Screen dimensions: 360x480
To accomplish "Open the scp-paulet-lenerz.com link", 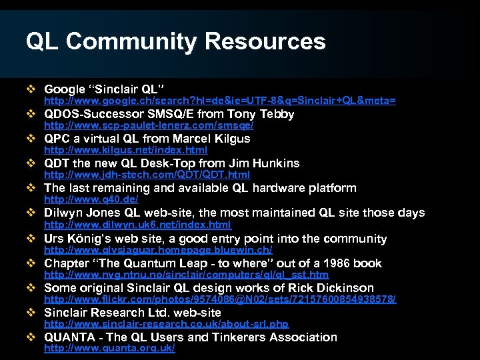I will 148,125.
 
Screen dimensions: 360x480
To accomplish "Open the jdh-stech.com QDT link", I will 147,175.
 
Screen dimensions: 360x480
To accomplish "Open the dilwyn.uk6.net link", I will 137,225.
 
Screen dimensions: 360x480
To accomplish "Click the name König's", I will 90,238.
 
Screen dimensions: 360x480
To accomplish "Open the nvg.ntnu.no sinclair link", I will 186,275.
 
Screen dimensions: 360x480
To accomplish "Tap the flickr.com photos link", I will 219,299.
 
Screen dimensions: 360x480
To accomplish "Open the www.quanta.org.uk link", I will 109,349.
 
